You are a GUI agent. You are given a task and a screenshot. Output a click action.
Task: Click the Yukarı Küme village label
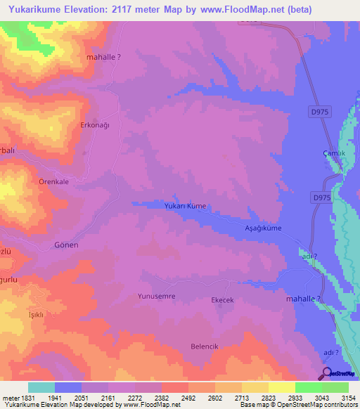point(165,206)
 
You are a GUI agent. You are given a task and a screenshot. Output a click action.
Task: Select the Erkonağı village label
point(96,125)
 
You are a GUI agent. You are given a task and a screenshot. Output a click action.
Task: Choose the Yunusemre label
point(156,297)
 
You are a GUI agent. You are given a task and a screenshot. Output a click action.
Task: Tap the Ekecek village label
point(222,299)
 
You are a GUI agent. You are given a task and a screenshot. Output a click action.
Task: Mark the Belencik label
point(206,346)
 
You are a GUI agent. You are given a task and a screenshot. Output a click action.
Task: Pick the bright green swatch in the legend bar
point(308,387)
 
